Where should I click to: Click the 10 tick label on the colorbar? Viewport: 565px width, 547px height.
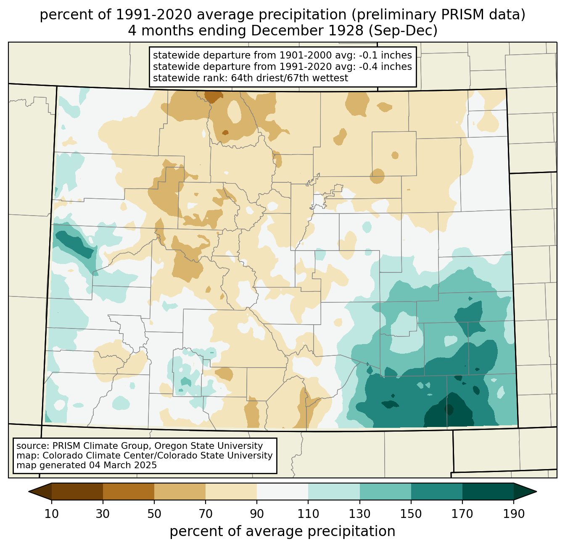(x=51, y=514)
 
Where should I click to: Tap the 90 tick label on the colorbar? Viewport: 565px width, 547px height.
(x=257, y=514)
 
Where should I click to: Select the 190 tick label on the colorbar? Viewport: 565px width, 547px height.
(x=514, y=514)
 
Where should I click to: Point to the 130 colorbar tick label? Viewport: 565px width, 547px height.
(x=359, y=514)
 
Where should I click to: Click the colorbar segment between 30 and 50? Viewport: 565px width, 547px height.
(x=128, y=491)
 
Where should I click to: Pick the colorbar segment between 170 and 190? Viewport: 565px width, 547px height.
(x=488, y=491)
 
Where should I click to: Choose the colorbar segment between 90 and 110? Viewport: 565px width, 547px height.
(x=282, y=491)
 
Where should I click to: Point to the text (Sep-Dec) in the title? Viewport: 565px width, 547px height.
(x=403, y=31)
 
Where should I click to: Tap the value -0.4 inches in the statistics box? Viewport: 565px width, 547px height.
(x=385, y=67)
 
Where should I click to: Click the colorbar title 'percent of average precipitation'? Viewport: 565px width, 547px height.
(x=282, y=531)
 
